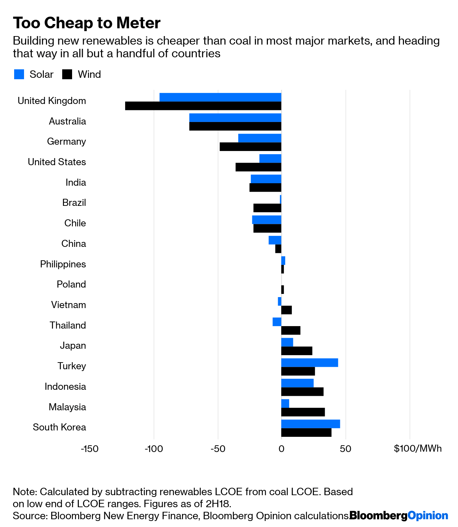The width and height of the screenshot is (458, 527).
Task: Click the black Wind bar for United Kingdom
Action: (x=203, y=106)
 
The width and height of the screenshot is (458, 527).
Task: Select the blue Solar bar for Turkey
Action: (x=310, y=363)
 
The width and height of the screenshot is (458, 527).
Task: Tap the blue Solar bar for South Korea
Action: (x=311, y=424)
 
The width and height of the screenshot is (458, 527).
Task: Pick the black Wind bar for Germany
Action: (x=250, y=147)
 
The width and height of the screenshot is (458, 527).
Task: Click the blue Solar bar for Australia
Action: (x=235, y=117)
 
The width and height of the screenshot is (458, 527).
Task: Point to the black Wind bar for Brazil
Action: (x=267, y=208)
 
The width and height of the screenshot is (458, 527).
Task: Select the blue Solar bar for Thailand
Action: (x=277, y=322)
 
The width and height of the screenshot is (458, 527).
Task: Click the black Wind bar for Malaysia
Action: (x=303, y=412)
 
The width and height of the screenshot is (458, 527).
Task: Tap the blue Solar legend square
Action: (x=19, y=74)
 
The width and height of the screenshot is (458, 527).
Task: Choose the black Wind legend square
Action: (x=67, y=74)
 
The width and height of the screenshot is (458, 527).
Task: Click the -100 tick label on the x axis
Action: (x=154, y=449)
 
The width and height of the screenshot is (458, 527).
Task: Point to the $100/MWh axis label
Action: (x=418, y=449)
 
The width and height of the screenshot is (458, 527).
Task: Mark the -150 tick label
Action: (x=89, y=449)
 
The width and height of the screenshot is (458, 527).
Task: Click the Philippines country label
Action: (x=63, y=264)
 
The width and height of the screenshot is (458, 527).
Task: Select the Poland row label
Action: (x=71, y=284)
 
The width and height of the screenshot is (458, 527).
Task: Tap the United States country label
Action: (x=57, y=162)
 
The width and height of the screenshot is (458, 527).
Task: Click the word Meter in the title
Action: (x=139, y=23)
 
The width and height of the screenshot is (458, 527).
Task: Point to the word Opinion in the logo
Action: (x=428, y=515)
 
